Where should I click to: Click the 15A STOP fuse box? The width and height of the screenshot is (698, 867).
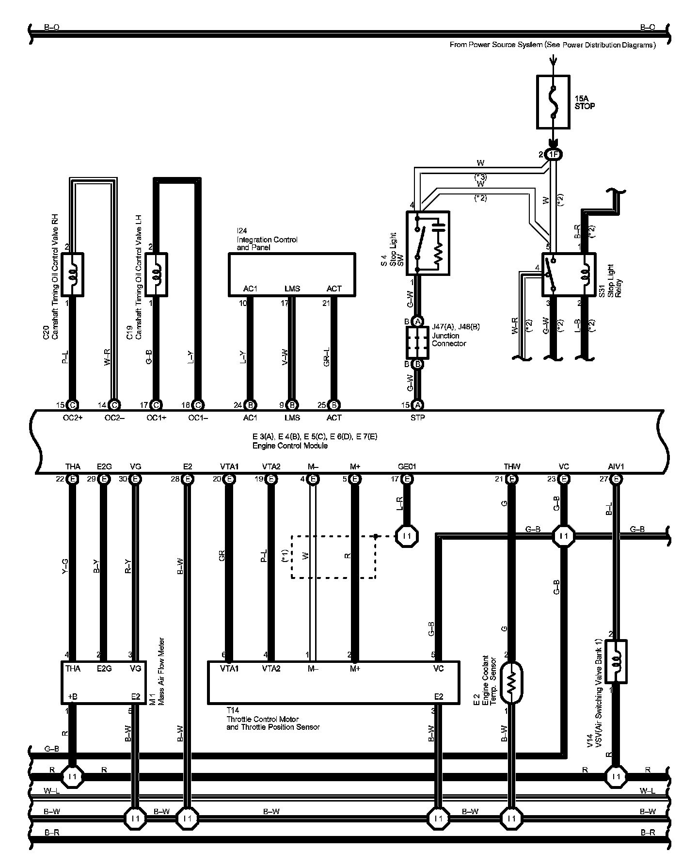click(x=553, y=102)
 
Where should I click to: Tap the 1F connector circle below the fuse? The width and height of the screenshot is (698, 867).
click(x=553, y=155)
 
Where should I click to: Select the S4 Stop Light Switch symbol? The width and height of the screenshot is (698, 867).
click(x=428, y=243)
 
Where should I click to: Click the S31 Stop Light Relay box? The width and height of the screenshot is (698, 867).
click(x=568, y=274)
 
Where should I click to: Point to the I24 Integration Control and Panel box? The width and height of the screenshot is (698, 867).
click(x=292, y=274)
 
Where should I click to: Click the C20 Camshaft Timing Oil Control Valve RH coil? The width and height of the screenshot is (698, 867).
click(x=73, y=274)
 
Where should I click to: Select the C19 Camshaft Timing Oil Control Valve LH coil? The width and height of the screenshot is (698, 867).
click(x=156, y=274)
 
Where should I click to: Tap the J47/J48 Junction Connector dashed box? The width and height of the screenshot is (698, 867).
click(x=418, y=342)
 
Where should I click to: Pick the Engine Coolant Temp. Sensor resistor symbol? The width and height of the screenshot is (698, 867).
click(x=512, y=683)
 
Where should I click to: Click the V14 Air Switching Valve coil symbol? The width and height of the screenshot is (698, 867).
click(x=616, y=661)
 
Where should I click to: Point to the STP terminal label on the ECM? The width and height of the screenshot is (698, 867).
click(x=417, y=417)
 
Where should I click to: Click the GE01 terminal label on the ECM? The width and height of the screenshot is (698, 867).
click(x=407, y=466)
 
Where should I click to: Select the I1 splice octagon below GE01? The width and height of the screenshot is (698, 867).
click(x=407, y=536)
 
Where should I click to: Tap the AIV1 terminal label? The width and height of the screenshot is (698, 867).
click(x=616, y=466)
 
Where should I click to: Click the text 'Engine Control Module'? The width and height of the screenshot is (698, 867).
click(x=290, y=446)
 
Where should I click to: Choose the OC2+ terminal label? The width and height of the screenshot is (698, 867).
click(x=73, y=417)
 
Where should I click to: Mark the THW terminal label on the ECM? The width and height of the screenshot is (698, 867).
click(x=512, y=466)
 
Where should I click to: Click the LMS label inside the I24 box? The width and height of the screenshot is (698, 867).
click(x=292, y=289)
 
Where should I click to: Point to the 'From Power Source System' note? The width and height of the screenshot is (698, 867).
click(x=553, y=45)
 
